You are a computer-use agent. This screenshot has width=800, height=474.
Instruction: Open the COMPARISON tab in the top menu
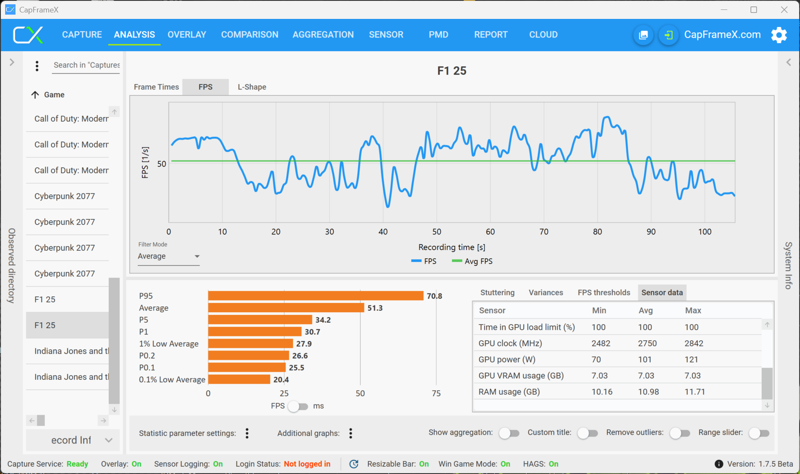tap(250, 35)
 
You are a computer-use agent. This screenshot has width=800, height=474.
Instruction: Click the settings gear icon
tap(779, 35)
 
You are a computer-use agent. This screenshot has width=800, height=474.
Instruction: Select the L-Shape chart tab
tap(252, 87)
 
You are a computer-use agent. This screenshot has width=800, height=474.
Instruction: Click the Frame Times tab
tap(156, 87)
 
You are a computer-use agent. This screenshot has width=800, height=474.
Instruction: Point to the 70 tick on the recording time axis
tap(544, 232)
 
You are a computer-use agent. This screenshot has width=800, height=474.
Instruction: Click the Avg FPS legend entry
tap(473, 261)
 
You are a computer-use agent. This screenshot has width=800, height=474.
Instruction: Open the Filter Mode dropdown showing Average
tap(168, 256)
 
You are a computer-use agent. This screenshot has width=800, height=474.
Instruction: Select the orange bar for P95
tap(315, 296)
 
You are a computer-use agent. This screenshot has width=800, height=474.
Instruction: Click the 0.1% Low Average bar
tap(239, 379)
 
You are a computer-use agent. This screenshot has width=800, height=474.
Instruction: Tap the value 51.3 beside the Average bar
tap(375, 308)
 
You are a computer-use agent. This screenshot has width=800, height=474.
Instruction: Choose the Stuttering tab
tap(497, 292)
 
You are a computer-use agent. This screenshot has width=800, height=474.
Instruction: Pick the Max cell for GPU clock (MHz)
tap(694, 343)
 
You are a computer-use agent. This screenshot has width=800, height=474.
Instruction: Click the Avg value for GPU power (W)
tap(645, 360)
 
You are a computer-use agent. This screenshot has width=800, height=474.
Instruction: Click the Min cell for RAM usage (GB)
tap(602, 392)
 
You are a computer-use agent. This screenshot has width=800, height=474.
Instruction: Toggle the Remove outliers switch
tap(680, 433)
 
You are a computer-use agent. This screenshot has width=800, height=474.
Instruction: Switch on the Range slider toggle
tap(759, 433)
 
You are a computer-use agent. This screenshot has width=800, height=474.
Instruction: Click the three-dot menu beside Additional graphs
tap(351, 433)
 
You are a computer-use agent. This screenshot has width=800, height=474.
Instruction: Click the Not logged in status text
tap(307, 464)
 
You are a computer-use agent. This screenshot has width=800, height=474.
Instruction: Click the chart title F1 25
tap(451, 71)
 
